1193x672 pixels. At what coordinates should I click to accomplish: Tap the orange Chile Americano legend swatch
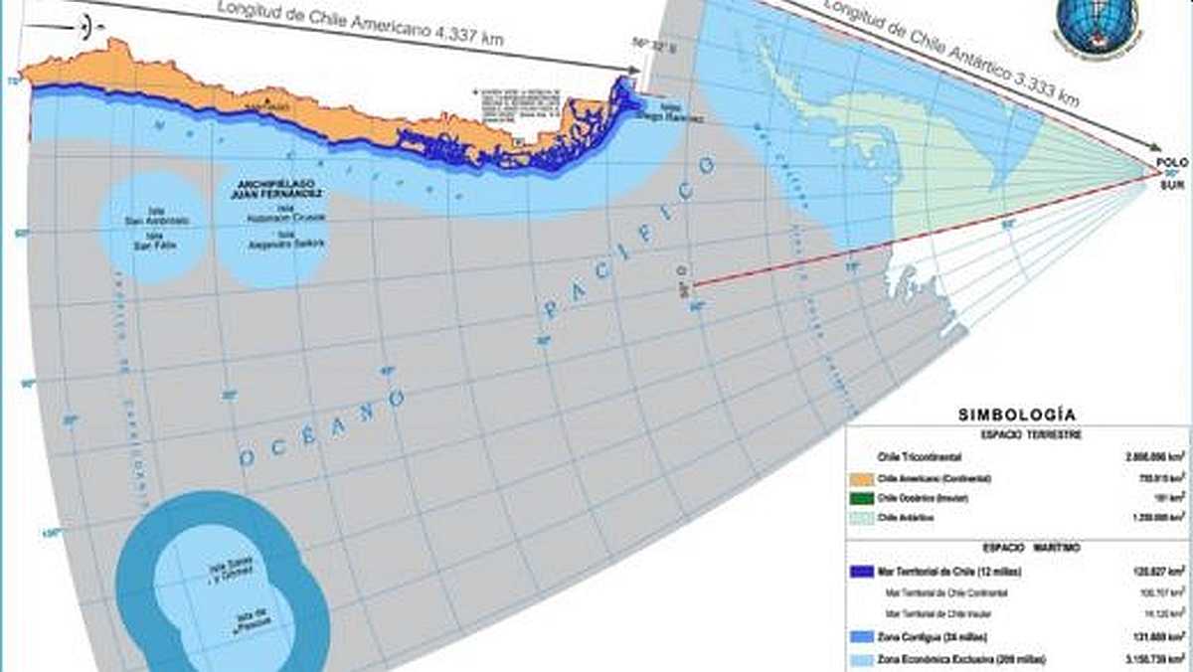pyautogui.click(x=862, y=479)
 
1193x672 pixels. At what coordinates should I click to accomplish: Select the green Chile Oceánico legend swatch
pyautogui.click(x=862, y=498)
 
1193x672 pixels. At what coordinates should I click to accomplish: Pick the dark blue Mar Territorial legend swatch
pyautogui.click(x=862, y=573)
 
